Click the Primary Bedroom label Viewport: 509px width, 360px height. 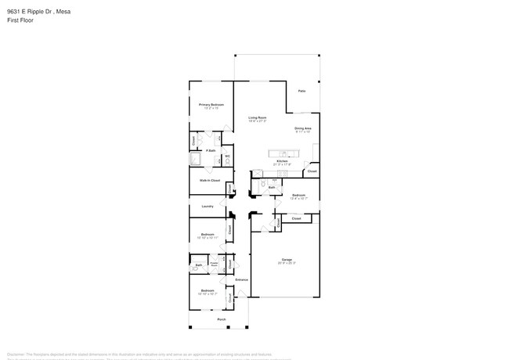click(x=211, y=104)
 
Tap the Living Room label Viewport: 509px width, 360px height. click(x=258, y=117)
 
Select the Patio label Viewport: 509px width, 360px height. click(x=301, y=91)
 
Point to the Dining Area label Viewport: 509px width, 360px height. click(x=303, y=128)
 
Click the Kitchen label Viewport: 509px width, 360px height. click(x=282, y=161)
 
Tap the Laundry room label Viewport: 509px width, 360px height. click(x=208, y=207)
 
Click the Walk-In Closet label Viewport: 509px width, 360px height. click(x=209, y=180)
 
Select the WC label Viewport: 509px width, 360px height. click(x=227, y=156)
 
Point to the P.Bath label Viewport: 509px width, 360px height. click(x=211, y=150)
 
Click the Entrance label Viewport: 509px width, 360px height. click(x=242, y=279)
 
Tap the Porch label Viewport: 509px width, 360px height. click(x=222, y=319)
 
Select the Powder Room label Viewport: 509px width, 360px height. click(x=214, y=263)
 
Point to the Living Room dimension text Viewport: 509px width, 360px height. click(x=258, y=121)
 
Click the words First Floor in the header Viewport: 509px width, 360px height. click(x=20, y=20)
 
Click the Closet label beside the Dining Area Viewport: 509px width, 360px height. click(x=312, y=171)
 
